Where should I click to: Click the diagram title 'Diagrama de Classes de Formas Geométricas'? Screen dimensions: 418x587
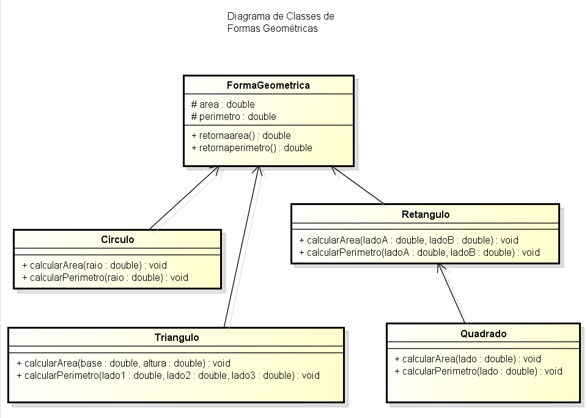[280, 22]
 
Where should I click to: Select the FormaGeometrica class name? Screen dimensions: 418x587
[268, 85]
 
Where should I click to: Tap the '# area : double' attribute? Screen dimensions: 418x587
[223, 104]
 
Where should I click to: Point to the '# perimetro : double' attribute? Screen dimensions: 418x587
[233, 116]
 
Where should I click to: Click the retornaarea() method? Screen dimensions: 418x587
[241, 135]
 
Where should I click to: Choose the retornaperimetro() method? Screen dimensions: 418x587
[251, 147]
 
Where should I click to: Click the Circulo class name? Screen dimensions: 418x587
[117, 239]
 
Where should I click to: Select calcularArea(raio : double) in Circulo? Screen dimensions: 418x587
[94, 265]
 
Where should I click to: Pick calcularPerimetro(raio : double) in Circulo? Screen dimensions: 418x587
[105, 277]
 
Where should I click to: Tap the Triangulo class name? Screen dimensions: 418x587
[176, 337]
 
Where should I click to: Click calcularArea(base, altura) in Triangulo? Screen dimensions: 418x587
[124, 363]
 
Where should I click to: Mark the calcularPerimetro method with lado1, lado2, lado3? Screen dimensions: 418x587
[168, 375]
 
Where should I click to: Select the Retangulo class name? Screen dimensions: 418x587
[426, 214]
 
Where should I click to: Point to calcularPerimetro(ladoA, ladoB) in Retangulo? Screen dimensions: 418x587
[419, 252]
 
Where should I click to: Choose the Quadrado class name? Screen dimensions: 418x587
[483, 334]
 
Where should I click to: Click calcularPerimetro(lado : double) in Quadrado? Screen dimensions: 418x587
[478, 371]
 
